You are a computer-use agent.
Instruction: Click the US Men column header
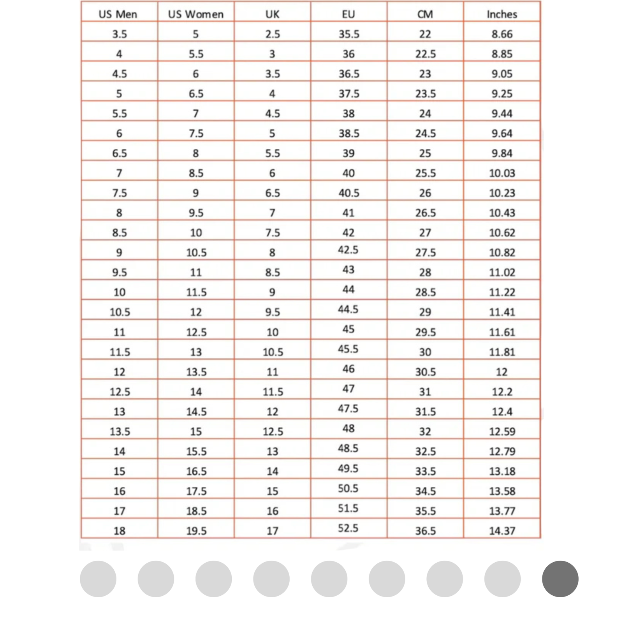point(118,14)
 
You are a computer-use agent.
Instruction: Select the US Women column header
point(196,14)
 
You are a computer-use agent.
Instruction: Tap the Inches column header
point(502,14)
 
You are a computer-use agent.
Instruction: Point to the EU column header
point(348,14)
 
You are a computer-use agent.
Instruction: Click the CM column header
point(425,14)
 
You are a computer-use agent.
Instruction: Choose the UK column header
point(272,14)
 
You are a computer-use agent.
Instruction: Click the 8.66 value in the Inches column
point(502,34)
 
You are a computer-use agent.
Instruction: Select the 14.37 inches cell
point(502,531)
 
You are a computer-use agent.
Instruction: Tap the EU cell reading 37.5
point(349,94)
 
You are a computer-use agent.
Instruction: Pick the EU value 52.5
point(348,528)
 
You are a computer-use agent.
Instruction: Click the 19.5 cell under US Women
point(196,531)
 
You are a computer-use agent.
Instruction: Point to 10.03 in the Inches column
point(502,173)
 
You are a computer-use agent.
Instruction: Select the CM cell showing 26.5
point(425,213)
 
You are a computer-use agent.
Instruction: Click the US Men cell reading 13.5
point(120,431)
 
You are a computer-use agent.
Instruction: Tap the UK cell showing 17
point(272,531)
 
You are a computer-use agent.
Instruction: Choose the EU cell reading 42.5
point(348,250)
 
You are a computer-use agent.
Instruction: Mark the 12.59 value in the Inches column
point(502,431)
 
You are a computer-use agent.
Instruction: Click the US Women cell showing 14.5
point(196,412)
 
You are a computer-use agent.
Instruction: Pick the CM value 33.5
point(425,471)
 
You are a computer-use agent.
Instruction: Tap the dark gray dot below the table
point(560,579)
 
